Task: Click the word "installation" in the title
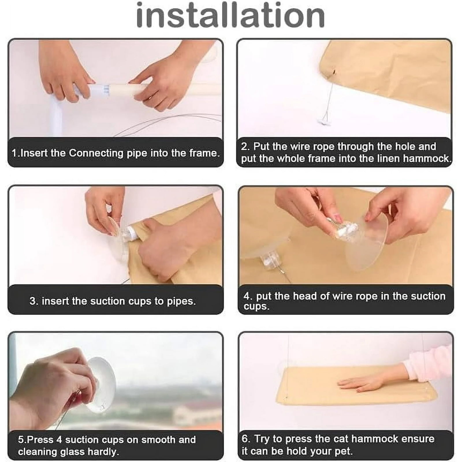230,15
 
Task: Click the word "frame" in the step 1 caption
203,153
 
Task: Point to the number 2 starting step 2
245,146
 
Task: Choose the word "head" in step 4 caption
304,296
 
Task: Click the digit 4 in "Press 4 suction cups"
59,439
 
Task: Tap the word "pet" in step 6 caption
344,451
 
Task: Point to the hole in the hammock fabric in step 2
334,72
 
